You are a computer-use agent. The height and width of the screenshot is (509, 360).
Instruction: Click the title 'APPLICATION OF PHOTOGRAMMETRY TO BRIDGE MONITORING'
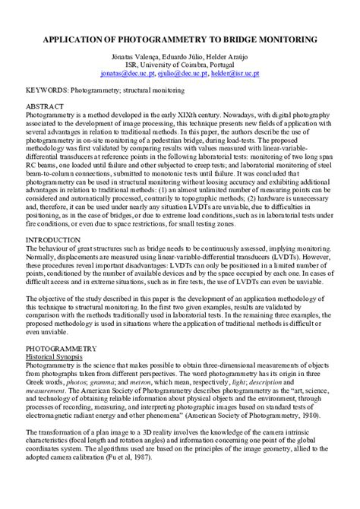(179, 37)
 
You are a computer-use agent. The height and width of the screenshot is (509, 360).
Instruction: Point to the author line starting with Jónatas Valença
(179, 57)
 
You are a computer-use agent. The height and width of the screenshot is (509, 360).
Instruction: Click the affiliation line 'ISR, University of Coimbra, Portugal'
(179, 66)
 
